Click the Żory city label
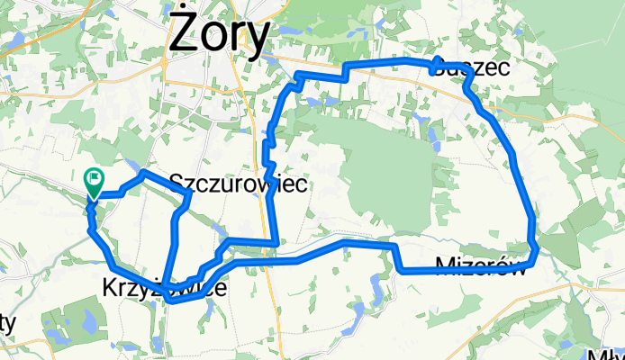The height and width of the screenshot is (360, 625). [220, 35]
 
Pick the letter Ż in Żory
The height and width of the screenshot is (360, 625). [183, 35]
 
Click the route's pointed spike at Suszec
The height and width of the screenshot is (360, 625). [437, 61]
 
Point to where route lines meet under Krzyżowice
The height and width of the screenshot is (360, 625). [167, 299]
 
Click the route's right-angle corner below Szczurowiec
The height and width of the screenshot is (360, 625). [276, 241]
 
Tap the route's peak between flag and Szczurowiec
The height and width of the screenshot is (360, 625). [144, 171]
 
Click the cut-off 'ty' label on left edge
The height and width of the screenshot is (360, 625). [7, 321]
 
